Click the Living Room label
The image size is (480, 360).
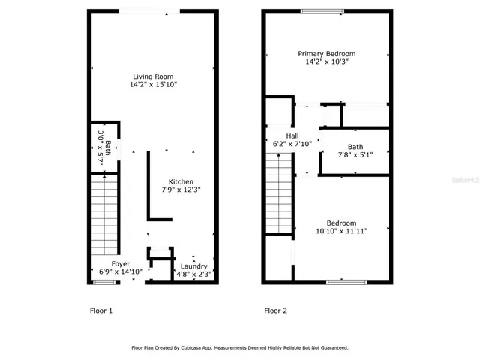click(152, 76)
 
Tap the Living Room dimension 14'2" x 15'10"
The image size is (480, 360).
click(152, 85)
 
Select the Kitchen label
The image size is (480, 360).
click(181, 182)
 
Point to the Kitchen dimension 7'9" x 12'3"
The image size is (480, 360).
click(181, 191)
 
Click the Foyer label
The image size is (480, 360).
click(121, 264)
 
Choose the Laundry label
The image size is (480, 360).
click(193, 265)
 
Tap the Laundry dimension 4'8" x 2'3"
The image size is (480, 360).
click(193, 274)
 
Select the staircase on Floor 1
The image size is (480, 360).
click(104, 214)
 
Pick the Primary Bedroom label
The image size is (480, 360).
click(326, 54)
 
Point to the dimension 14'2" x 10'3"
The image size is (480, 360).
click(326, 62)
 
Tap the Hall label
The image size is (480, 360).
click(281, 135)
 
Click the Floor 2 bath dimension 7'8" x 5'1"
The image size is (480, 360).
click(355, 155)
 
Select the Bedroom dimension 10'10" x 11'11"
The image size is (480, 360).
click(341, 232)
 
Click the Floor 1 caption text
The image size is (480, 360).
click(100, 310)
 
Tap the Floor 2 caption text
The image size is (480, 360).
click(274, 310)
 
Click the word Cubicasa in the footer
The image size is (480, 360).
click(205, 348)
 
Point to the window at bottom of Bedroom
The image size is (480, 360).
click(343, 282)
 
